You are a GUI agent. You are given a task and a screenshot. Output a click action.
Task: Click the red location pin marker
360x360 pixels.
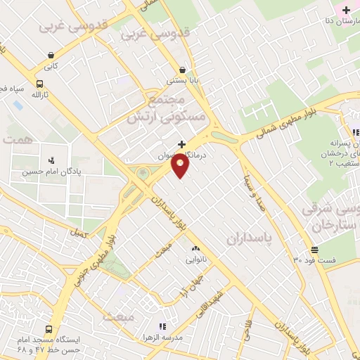click(181, 166)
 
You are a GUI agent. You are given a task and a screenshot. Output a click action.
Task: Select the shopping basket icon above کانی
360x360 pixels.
click(51, 55)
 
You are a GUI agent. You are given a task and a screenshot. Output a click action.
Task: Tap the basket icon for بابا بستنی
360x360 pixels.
click(183, 70)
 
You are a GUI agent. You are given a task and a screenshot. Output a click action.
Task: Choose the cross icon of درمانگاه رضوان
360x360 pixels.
click(181, 143)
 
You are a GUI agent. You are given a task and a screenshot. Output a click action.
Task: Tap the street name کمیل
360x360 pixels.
click(77, 231)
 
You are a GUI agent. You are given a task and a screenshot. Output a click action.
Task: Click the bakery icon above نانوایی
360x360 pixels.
click(195, 248)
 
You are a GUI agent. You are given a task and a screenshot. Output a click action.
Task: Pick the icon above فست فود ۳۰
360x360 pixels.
click(314, 250)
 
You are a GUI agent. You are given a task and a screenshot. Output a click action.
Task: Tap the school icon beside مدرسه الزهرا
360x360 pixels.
click(162, 326)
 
